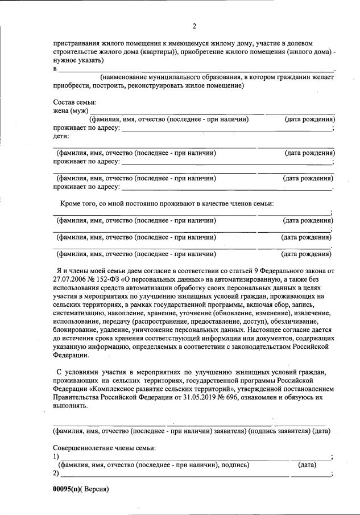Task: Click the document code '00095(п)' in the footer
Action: [x=68, y=489]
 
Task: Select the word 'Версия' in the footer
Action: [x=96, y=489]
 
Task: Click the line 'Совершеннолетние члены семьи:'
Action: [x=104, y=448]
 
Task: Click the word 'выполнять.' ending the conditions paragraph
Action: [x=71, y=406]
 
